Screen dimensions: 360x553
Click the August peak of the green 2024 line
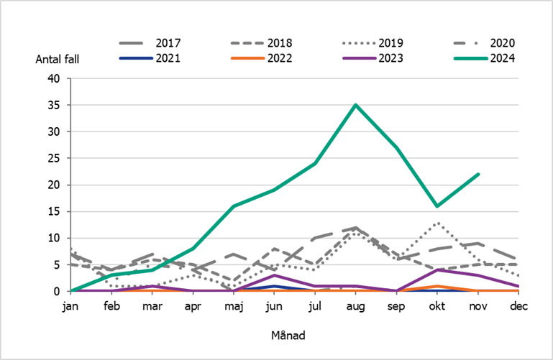tap(355, 105)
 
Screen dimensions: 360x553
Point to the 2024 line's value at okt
tap(437, 206)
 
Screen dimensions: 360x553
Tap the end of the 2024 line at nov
tap(477, 174)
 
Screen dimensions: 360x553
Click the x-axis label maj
tap(233, 306)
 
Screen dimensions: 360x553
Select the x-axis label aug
tap(355, 306)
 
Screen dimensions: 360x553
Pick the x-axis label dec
tap(518, 306)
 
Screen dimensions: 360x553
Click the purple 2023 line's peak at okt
tap(437, 269)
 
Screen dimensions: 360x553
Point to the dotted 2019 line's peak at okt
tap(437, 223)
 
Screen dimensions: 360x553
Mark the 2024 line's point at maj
tap(233, 206)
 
